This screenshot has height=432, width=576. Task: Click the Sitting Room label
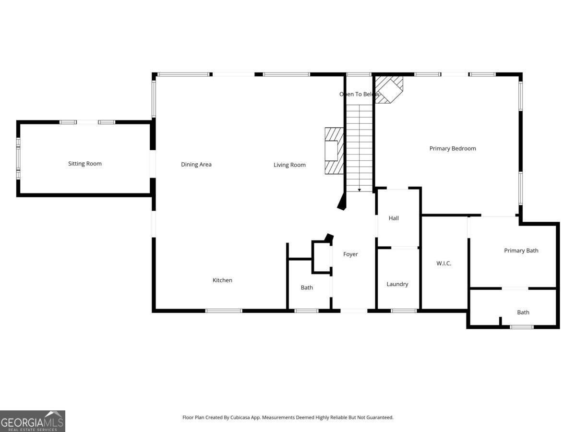85,164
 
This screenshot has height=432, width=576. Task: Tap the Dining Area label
196,165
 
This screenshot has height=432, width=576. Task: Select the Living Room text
289,165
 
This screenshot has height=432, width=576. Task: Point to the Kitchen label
222,280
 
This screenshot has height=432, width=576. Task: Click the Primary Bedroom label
453,148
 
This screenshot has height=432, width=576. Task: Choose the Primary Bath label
521,251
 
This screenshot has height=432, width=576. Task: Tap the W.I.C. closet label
444,264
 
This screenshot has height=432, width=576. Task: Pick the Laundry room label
397,284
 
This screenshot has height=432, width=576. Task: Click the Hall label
393,218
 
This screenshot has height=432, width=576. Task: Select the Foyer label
350,254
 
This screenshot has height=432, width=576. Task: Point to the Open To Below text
359,94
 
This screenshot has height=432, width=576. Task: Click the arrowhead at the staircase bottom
359,190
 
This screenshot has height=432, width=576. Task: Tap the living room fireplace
334,151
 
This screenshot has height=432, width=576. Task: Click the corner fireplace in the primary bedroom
389,90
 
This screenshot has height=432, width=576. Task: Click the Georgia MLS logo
33,421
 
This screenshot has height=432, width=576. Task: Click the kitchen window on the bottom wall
224,311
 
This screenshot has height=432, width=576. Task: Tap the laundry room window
404,311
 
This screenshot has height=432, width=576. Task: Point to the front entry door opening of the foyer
354,311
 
